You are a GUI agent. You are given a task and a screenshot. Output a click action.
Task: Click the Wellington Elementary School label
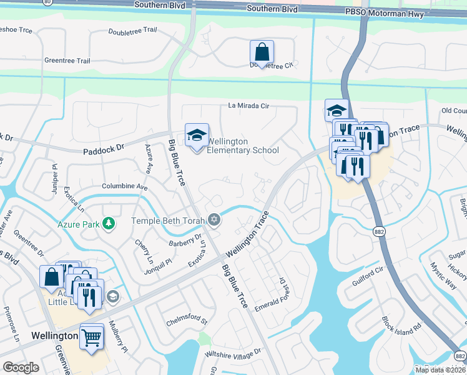coord(242,146)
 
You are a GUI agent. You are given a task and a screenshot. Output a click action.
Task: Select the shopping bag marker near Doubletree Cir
coord(262,52)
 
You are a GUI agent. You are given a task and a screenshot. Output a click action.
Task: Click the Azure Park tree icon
coord(109,222)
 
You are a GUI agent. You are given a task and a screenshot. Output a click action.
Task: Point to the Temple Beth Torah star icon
coord(214,220)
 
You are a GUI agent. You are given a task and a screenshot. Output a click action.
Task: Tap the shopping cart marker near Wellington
coord(92,337)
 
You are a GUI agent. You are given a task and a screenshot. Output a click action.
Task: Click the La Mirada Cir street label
coord(248,106)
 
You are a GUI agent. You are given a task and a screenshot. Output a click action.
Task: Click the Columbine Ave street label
coord(124,186)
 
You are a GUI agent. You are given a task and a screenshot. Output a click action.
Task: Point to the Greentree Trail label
coord(67,61)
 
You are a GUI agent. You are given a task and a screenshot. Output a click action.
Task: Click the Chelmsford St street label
coord(186,321)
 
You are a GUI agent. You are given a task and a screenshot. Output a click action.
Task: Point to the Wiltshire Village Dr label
coord(232,353)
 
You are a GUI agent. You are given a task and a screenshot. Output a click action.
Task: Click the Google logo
coord(21,367)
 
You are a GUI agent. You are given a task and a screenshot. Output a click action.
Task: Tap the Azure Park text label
coord(79,223)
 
